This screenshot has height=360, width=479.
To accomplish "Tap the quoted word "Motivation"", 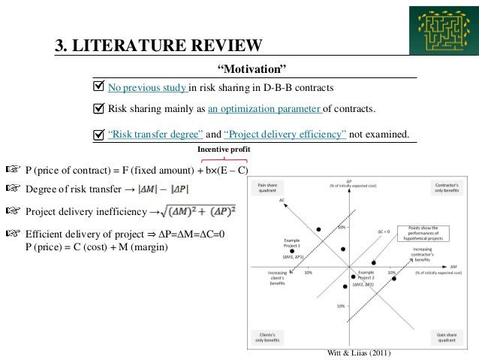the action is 252,70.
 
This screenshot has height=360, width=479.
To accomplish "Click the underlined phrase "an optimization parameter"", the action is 264,108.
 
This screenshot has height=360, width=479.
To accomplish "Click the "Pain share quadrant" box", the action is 267,185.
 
